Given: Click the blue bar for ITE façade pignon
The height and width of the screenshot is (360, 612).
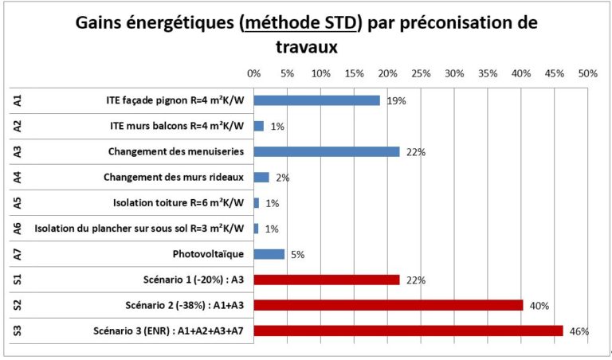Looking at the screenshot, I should [x=317, y=100].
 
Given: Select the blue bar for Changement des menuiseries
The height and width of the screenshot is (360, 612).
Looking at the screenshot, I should [x=327, y=151].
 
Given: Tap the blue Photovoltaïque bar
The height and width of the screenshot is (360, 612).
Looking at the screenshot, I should [x=269, y=254].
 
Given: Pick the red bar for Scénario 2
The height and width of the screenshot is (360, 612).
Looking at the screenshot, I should [x=388, y=305].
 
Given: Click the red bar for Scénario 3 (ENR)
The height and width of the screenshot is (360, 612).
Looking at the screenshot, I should [x=408, y=331].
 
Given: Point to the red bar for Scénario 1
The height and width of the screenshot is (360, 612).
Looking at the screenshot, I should [x=327, y=280].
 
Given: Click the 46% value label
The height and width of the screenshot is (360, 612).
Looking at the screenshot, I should [x=579, y=331].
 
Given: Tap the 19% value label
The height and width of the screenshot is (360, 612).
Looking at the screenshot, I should [x=397, y=101].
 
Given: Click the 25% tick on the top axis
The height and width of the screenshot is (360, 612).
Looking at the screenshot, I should [x=421, y=73].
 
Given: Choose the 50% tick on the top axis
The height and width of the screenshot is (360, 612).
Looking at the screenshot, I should [x=587, y=73].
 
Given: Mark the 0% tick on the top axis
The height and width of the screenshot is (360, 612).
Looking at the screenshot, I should [x=254, y=73].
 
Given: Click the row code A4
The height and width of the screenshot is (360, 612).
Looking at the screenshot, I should [x=18, y=177].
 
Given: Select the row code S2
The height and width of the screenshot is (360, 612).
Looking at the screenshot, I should [x=18, y=305].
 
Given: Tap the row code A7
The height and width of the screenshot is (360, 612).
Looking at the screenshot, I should [x=18, y=254].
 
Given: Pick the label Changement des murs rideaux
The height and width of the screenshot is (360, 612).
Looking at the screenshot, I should [x=174, y=178].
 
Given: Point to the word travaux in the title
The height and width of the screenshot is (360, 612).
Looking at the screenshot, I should [x=307, y=48].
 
